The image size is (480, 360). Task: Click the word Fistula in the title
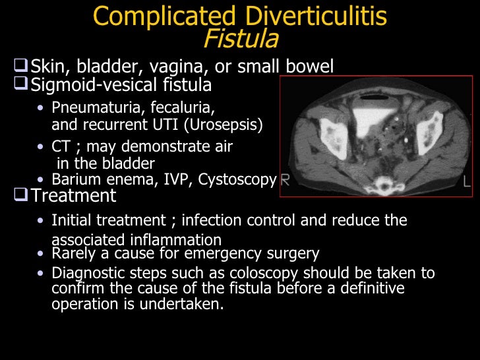(x=241, y=40)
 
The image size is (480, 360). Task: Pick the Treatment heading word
(x=74, y=196)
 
